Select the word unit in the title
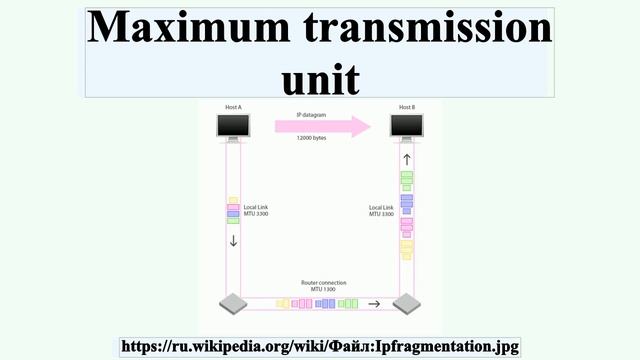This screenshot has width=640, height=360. click(320, 77)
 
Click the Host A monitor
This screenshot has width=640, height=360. click(233, 127)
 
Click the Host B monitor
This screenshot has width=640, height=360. click(406, 127)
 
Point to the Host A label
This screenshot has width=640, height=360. click(233, 106)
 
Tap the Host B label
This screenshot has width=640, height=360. click(406, 106)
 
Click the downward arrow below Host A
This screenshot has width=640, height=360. click(233, 240)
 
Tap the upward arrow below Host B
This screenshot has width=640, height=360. click(406, 159)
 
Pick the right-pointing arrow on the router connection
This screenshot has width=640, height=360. click(374, 303)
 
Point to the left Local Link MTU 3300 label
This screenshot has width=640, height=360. click(256, 211)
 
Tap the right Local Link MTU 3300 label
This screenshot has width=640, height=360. click(381, 211)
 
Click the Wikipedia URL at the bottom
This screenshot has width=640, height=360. click(320, 346)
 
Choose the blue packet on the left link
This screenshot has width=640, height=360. click(233, 214)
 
